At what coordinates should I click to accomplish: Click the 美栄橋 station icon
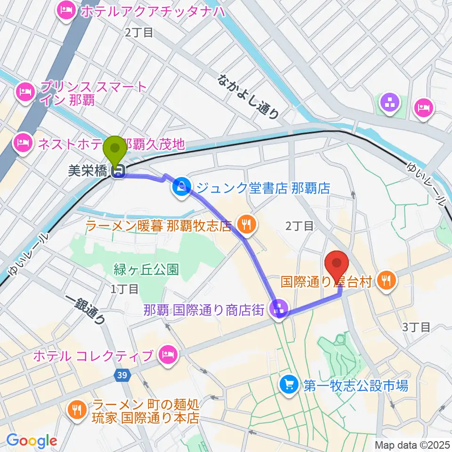click(x=117, y=173)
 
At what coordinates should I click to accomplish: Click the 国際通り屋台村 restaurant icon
click(x=387, y=282)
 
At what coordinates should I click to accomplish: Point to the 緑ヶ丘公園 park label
click(x=146, y=269)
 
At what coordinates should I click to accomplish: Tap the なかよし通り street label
click(x=249, y=96)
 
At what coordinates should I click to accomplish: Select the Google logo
click(x=32, y=441)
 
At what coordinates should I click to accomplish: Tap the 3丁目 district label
click(x=416, y=327)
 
